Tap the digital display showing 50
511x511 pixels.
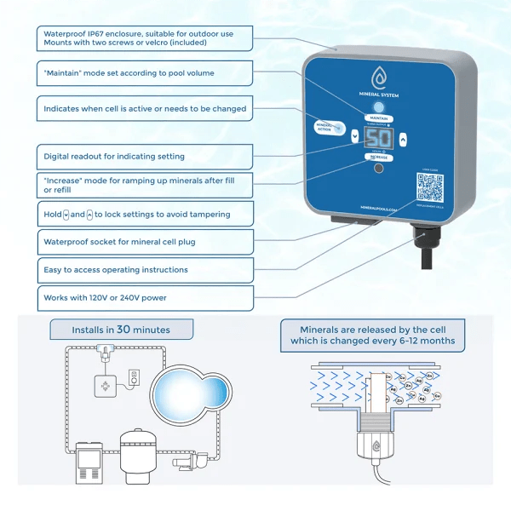click(378, 139)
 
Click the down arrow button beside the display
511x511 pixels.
click(354, 135)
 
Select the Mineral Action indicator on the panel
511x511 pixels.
click(324, 128)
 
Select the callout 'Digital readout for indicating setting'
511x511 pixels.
click(146, 157)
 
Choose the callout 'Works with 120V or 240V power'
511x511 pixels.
click(146, 298)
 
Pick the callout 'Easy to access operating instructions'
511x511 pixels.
click(146, 270)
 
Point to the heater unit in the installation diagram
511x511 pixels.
click(89, 463)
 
